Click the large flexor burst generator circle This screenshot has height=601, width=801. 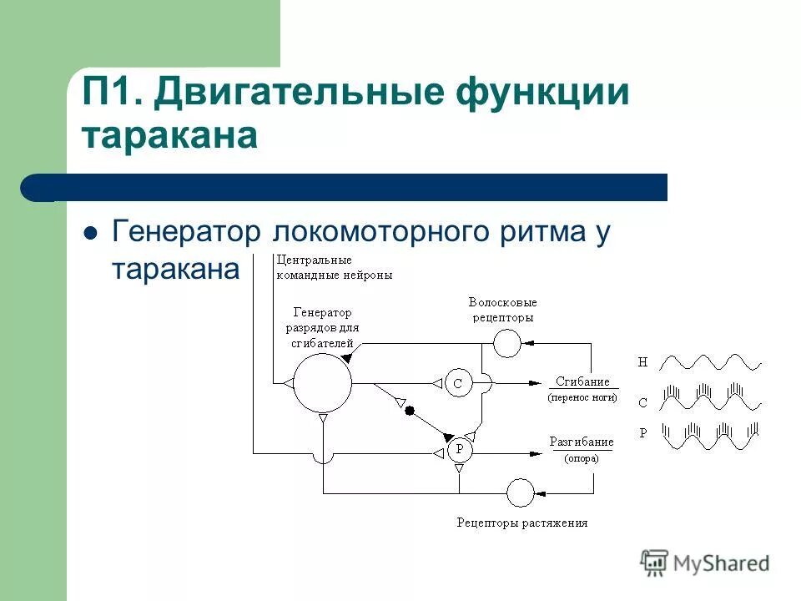pos(322,383)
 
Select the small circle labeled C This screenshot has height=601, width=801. pos(457,384)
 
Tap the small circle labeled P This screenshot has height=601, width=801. pos(458,451)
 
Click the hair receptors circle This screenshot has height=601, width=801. pos(506,342)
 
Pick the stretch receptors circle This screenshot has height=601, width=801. pos(520,492)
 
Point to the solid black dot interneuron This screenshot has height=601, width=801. pos(409,411)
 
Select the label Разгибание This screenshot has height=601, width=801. pos(582,442)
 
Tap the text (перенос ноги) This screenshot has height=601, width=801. pos(582,398)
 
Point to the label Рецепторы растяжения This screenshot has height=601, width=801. pos(522,523)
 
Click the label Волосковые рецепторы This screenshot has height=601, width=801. pos(501,310)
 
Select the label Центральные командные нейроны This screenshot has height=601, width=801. pos(333,266)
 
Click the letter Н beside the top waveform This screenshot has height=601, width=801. pos(642,362)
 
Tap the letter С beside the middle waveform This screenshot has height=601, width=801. pos(642,402)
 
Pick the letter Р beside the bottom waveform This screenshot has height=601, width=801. pos(642,432)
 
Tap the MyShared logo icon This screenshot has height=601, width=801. pos(655,562)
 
